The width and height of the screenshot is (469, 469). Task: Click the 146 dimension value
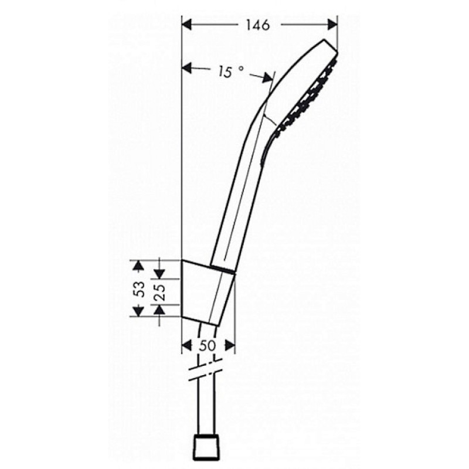point(259,25)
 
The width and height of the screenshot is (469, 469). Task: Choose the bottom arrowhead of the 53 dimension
point(138,311)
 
